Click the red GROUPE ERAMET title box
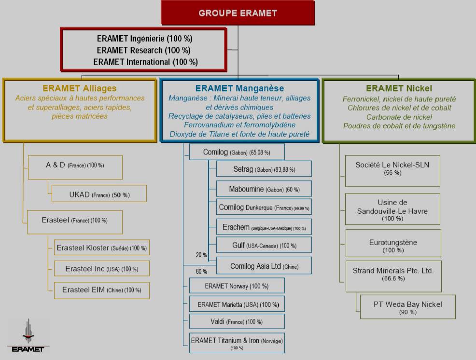(x=238, y=13)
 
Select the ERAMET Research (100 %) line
(x=143, y=50)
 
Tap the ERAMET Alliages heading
(x=80, y=88)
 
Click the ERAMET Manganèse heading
(x=239, y=88)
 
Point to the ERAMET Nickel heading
(x=399, y=88)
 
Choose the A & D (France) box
(x=75, y=166)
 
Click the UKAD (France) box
(x=99, y=195)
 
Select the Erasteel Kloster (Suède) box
(x=101, y=248)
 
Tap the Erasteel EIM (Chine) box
(x=101, y=290)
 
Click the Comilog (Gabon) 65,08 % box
(x=237, y=152)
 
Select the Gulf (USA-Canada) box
(x=264, y=246)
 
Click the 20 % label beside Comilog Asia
(x=201, y=255)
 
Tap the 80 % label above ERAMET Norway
(x=201, y=271)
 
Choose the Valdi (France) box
(x=237, y=321)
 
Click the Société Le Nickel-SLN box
(x=392, y=168)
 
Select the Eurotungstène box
(x=393, y=246)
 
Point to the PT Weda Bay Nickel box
(x=407, y=307)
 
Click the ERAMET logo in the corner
(x=28, y=335)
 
